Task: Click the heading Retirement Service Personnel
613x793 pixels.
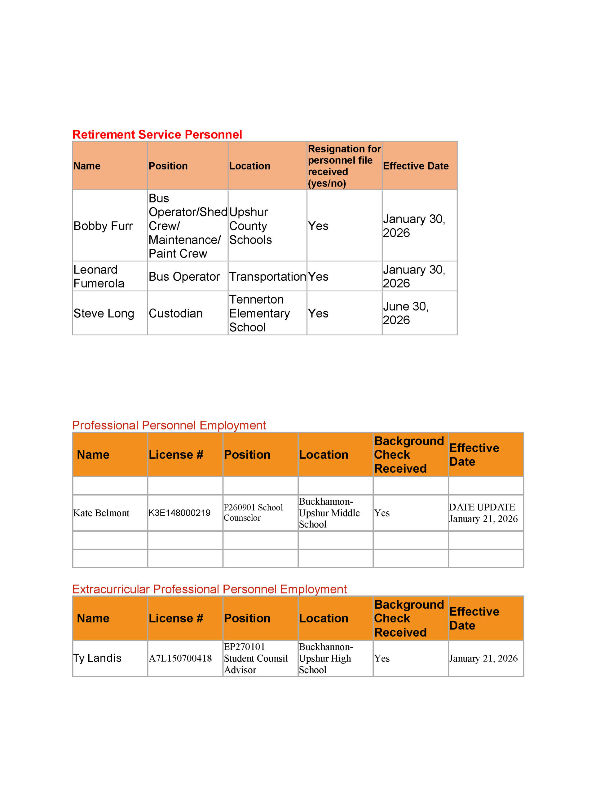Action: pyautogui.click(x=157, y=135)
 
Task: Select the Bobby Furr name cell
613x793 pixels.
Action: pyautogui.click(x=103, y=226)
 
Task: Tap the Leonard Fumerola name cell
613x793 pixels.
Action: pyautogui.click(x=99, y=276)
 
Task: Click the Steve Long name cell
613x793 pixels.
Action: pyautogui.click(x=104, y=313)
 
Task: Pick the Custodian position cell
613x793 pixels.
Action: pyautogui.click(x=176, y=313)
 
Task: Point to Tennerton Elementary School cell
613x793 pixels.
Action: pyautogui.click(x=259, y=313)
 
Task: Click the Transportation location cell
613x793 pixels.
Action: pyautogui.click(x=267, y=277)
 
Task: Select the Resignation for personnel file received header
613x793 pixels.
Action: pyautogui.click(x=344, y=166)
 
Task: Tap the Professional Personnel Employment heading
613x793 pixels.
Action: pyautogui.click(x=169, y=425)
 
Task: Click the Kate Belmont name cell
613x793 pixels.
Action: pyautogui.click(x=101, y=513)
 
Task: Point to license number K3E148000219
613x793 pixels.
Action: pyautogui.click(x=179, y=513)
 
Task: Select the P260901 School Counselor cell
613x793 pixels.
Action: pyautogui.click(x=253, y=513)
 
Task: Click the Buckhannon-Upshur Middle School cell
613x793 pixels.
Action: pyautogui.click(x=329, y=513)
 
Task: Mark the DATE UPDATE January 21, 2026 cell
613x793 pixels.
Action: pyautogui.click(x=483, y=513)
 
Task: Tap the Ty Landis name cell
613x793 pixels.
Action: pyautogui.click(x=97, y=658)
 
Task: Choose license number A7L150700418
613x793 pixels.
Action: pyautogui.click(x=180, y=658)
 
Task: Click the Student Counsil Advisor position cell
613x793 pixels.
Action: pyautogui.click(x=256, y=658)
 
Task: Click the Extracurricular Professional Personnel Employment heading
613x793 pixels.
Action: pyautogui.click(x=209, y=589)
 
